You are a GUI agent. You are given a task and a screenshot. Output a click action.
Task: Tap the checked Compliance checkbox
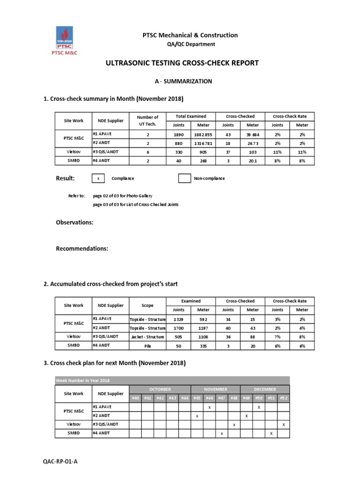point(98,179)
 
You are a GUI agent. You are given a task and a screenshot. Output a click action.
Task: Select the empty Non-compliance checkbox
point(185,179)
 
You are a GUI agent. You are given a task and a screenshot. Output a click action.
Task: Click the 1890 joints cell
point(179,134)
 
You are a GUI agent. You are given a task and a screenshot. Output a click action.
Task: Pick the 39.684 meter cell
point(253,134)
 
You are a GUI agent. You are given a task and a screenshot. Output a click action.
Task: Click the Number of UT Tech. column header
point(147,120)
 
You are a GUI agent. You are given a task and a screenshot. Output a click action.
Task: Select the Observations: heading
point(75,222)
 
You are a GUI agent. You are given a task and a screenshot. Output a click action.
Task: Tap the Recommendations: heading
point(82,248)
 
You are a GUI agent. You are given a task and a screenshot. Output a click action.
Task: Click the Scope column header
point(147,305)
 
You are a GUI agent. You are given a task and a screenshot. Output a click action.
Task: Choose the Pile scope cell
point(147,345)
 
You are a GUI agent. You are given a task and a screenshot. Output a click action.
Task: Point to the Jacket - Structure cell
point(147,336)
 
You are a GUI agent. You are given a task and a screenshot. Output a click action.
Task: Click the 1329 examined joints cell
point(179,319)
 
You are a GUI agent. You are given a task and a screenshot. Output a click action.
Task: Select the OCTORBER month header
point(160,389)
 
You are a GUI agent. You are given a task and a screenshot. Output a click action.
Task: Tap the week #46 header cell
point(209,398)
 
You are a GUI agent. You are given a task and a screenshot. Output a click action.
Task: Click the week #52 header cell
point(283,398)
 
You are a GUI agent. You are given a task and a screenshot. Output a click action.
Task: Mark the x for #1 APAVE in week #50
point(259,407)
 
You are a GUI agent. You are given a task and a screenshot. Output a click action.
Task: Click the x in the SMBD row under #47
point(221,434)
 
